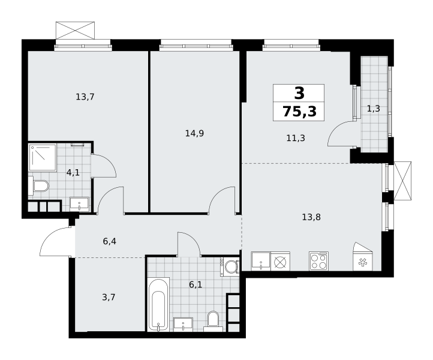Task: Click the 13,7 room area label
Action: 85,97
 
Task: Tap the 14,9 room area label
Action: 194,133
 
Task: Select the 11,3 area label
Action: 296,138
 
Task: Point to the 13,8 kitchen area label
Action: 311,217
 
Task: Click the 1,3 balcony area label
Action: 374,109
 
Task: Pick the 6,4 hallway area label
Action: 109,241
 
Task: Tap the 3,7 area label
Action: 109,297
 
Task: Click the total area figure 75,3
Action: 300,112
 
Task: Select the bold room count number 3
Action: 299,93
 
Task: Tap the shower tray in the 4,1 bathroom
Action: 43,157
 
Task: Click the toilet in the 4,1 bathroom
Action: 38,186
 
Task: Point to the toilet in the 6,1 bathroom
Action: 213,322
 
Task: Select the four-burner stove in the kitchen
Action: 318,261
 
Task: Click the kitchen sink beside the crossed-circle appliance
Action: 261,261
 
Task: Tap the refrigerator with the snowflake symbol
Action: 362,257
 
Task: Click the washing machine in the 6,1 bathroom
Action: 230,266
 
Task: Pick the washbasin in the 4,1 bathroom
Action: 79,204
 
